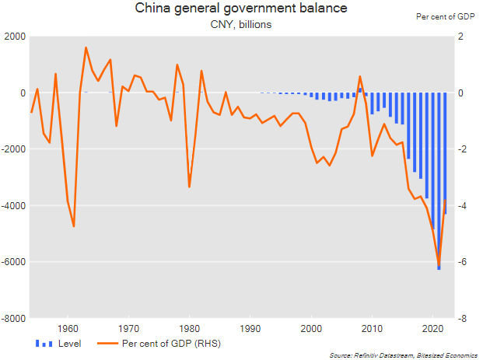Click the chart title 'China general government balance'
[x=241, y=9]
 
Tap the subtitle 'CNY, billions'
[x=241, y=25]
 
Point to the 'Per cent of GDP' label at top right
[x=446, y=16]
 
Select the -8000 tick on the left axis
[x=13, y=318]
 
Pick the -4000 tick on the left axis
[x=13, y=205]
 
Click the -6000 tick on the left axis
[x=13, y=262]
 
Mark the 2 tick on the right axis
[x=460, y=37]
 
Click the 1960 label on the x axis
[x=68, y=328]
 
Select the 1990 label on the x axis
[x=250, y=328]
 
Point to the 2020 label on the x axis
[x=433, y=328]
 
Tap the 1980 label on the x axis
[x=190, y=328]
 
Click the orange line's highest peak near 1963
[x=86, y=47]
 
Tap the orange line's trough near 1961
[x=74, y=226]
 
